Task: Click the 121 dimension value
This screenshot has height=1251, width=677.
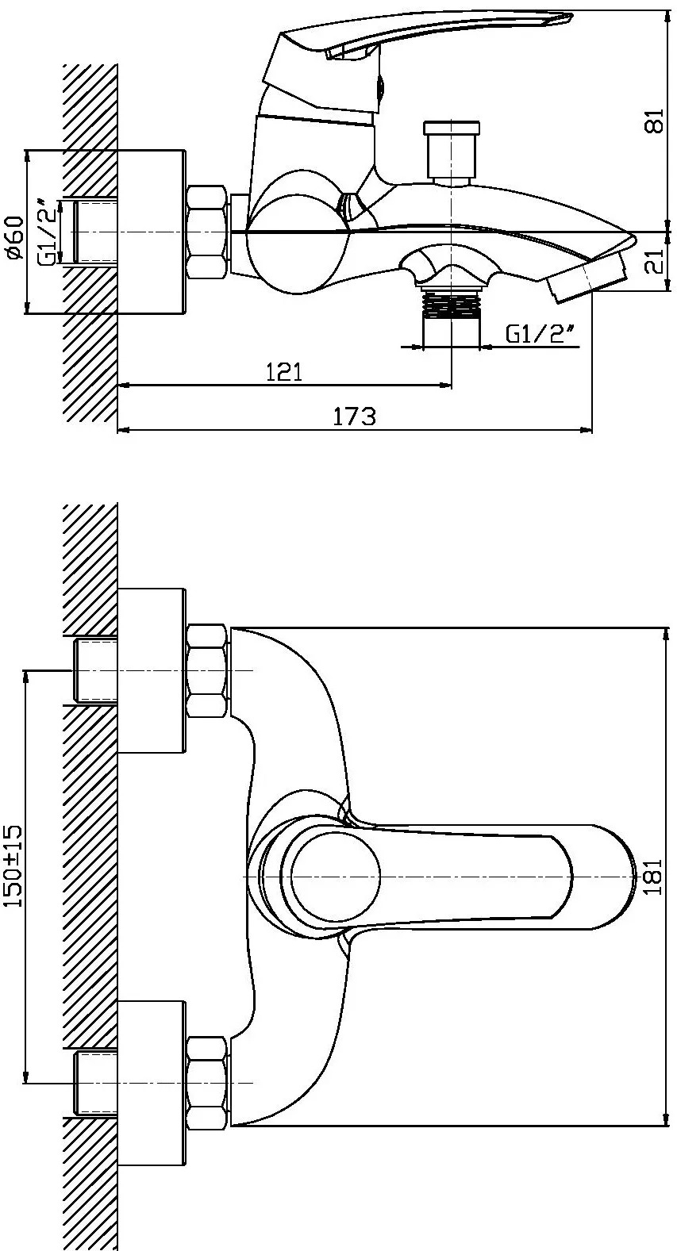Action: [284, 371]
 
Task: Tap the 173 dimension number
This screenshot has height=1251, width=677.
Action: [355, 416]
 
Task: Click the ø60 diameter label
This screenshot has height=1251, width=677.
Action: [16, 237]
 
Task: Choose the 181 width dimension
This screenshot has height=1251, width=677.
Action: [655, 877]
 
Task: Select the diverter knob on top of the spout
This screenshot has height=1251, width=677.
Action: [452, 152]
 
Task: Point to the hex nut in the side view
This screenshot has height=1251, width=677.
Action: [207, 232]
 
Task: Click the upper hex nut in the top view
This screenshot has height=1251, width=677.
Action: [207, 671]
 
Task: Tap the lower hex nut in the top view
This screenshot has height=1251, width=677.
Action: [207, 1083]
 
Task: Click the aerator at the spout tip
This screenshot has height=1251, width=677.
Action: [587, 275]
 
